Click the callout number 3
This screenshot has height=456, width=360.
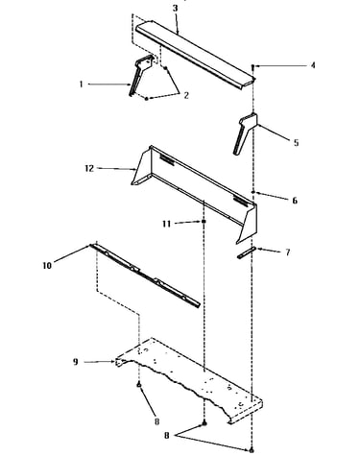(175, 8)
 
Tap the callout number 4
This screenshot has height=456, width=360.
(313, 65)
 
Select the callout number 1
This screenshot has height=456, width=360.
(82, 84)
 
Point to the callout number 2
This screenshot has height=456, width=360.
(186, 95)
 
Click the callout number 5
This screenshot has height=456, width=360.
(296, 143)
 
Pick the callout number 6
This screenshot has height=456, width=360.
(295, 201)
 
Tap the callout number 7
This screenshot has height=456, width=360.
(288, 252)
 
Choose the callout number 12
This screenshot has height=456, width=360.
(89, 168)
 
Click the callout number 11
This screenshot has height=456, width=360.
(166, 224)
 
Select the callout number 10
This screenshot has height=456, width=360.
(47, 265)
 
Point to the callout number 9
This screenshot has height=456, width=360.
(76, 362)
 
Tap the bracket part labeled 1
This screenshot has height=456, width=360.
(141, 74)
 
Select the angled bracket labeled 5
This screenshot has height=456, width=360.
(245, 132)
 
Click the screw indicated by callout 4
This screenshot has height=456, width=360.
(252, 66)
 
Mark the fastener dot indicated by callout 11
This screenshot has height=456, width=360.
(204, 222)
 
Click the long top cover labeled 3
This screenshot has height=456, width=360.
(195, 55)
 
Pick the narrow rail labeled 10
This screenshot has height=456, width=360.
(146, 276)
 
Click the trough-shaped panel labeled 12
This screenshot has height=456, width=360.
(195, 195)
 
